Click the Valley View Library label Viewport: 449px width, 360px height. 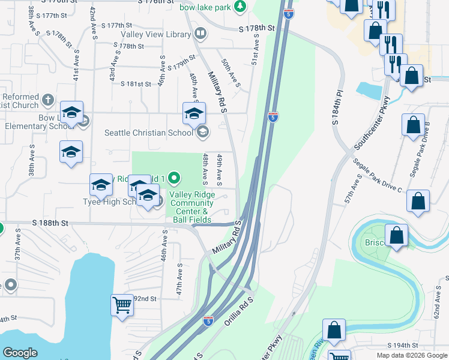[x=155, y=34]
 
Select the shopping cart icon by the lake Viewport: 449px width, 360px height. [x=122, y=305]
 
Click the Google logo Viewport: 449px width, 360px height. [x=20, y=353]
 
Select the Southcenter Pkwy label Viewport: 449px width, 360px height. [x=372, y=123]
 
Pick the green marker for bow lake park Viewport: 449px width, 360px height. [x=240, y=6]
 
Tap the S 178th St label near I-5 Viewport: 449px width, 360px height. [x=256, y=28]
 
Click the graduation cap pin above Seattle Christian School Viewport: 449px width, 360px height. [x=194, y=113]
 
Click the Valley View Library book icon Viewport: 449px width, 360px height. [x=200, y=34]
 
